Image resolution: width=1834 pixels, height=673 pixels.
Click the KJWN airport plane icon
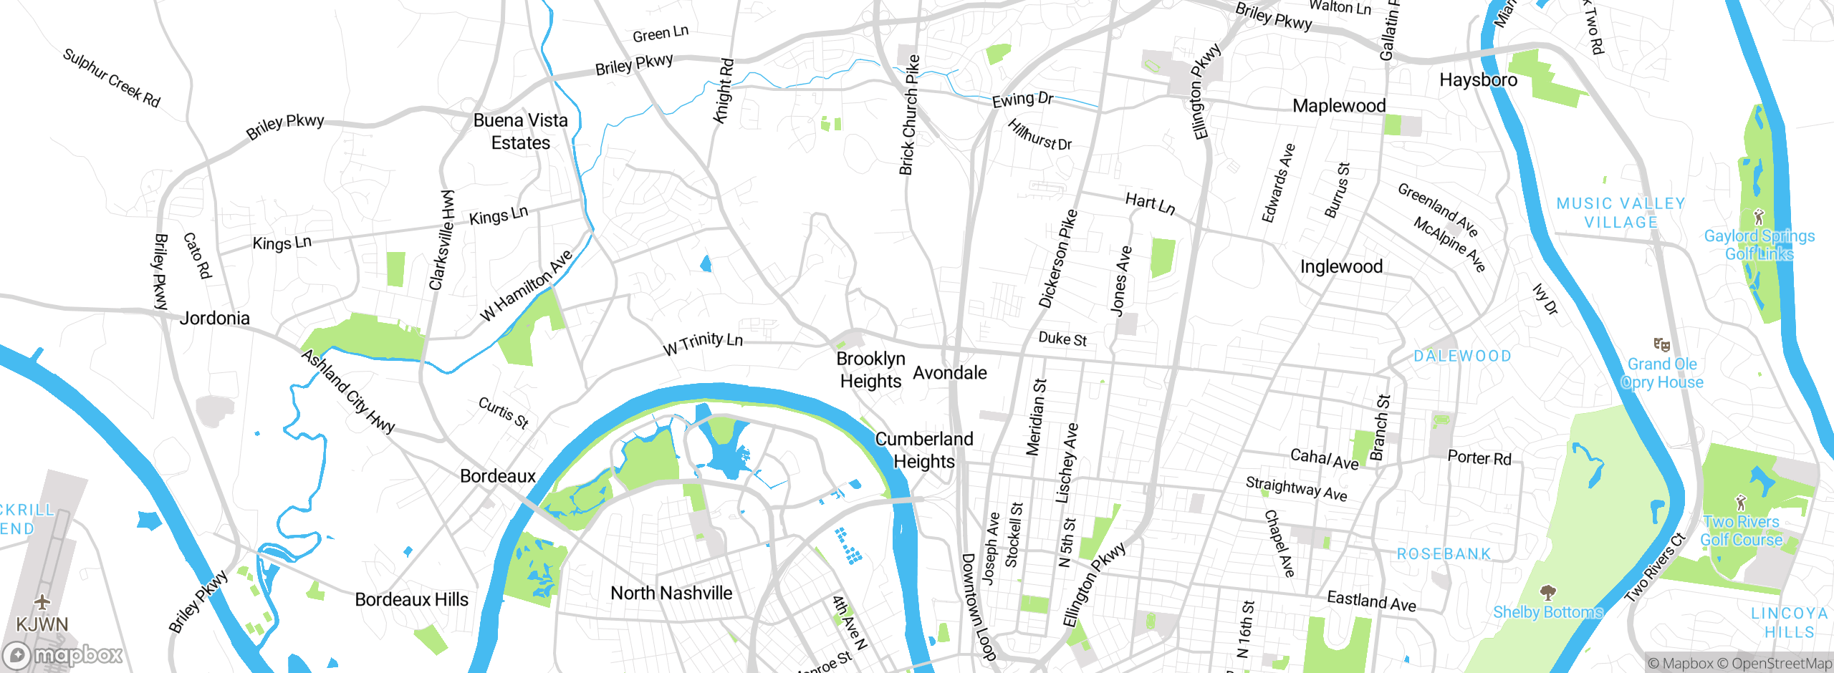(42, 601)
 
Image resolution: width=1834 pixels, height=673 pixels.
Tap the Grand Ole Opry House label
(1662, 373)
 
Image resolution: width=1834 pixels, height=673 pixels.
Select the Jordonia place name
(214, 318)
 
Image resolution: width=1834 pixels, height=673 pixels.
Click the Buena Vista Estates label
(521, 131)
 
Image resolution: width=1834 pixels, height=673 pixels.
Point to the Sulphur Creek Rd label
(111, 77)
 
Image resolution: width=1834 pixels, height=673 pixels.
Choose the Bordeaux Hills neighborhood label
(411, 599)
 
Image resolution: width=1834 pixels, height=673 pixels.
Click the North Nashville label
(671, 593)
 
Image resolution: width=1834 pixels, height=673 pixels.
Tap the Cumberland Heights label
(924, 450)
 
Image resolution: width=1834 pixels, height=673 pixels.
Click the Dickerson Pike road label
(1058, 258)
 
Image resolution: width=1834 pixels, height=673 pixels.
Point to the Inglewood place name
(1341, 266)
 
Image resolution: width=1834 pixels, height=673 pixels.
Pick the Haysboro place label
(1478, 79)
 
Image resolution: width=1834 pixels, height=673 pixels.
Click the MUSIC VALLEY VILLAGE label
(1621, 213)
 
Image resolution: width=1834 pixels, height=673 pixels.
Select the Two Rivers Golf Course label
(1741, 531)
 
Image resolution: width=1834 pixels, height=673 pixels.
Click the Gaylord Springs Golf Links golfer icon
(1758, 216)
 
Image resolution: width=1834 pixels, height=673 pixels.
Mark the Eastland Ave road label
(1371, 601)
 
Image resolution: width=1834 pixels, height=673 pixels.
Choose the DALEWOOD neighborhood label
(1462, 356)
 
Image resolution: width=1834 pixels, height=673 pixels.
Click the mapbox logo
(63, 655)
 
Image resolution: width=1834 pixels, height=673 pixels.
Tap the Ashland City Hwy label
(348, 391)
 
